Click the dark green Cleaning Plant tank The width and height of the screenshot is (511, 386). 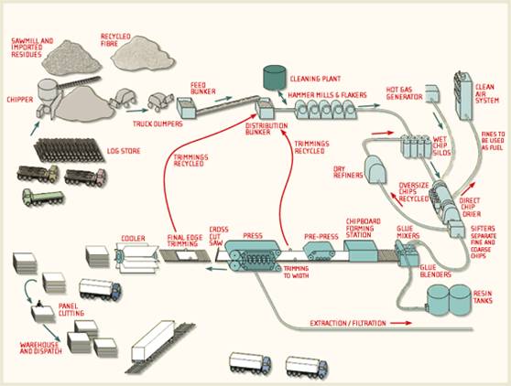click(275, 77)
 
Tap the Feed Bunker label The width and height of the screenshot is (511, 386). click(203, 88)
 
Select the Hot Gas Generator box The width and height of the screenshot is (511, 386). click(432, 93)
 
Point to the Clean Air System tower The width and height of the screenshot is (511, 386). click(462, 96)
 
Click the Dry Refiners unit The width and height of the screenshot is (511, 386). click(375, 169)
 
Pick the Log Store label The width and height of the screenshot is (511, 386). click(124, 151)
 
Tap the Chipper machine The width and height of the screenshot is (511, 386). click(49, 98)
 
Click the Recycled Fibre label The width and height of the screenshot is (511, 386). click(115, 39)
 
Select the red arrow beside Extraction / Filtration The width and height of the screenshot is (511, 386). click(401, 323)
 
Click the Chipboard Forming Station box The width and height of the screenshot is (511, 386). click(361, 252)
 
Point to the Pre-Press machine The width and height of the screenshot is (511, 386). click(319, 251)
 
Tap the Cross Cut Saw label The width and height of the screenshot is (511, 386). click(218, 236)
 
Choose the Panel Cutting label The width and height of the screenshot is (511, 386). click(71, 309)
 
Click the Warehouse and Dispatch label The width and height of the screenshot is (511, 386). click(40, 348)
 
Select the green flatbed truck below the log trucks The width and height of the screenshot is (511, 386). click(43, 198)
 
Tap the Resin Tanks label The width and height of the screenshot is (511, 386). click(483, 297)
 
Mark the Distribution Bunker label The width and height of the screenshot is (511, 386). click(266, 129)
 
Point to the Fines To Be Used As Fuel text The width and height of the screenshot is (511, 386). click(493, 141)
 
